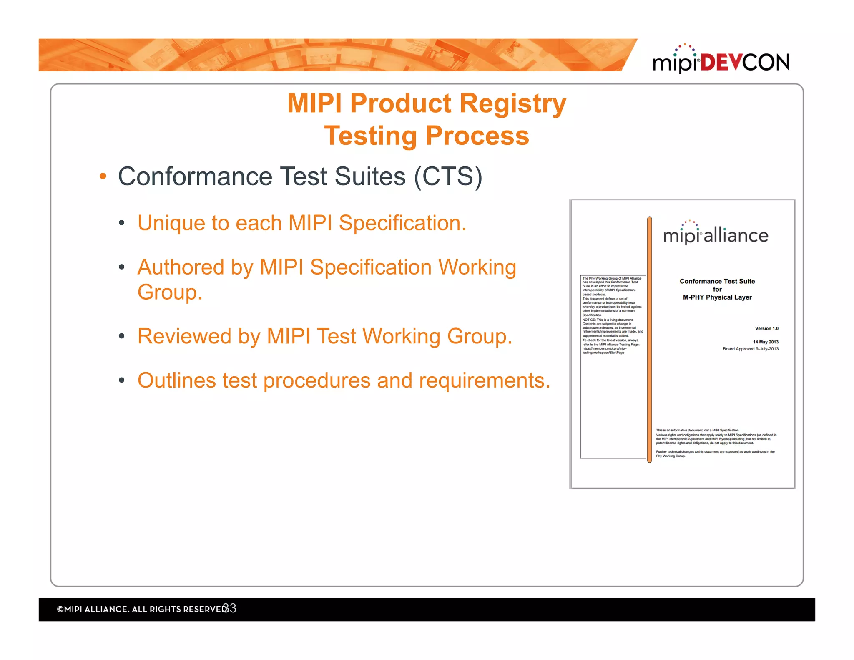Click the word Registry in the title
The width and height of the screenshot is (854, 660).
[512, 103]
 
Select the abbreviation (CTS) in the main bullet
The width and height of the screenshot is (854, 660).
[448, 176]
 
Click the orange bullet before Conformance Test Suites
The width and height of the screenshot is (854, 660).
[103, 176]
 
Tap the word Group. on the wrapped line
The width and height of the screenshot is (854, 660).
[170, 292]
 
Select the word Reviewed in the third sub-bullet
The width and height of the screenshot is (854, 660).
[184, 336]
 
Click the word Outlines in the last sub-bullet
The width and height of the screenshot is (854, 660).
[177, 380]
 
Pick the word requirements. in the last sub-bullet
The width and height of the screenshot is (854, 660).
[484, 380]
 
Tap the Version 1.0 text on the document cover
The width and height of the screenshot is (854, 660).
[766, 328]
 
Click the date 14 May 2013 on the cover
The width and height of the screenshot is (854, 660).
[766, 342]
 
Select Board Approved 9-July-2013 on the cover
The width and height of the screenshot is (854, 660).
[751, 349]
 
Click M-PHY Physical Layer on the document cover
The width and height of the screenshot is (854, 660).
[717, 297]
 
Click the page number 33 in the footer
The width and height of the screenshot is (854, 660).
[230, 608]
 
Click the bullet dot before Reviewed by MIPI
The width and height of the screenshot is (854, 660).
[122, 336]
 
